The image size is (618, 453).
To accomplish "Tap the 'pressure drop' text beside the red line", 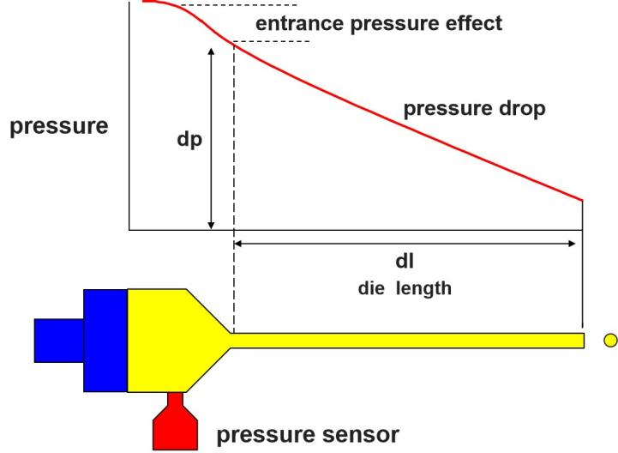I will click(475, 110).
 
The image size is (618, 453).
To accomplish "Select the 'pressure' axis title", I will click(59, 127).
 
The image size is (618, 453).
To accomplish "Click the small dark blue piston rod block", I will click(58, 341).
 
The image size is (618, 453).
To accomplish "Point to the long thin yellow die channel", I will click(411, 341).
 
